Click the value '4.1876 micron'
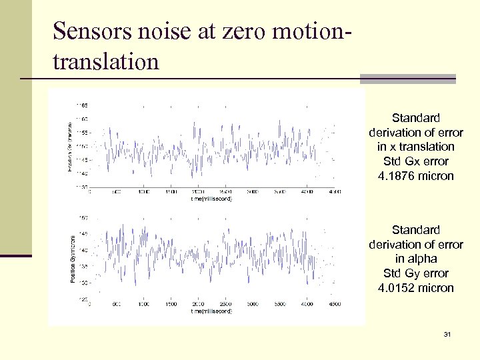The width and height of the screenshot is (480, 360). [416, 176]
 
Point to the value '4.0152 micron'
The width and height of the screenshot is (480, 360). [416, 288]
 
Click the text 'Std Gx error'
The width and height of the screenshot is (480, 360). [416, 161]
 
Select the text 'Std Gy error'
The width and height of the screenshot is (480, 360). [416, 273]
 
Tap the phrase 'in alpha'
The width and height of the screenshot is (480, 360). [416, 259]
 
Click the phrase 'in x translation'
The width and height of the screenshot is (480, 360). [416, 147]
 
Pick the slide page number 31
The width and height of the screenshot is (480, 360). [447, 333]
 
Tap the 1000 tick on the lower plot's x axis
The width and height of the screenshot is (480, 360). [143, 304]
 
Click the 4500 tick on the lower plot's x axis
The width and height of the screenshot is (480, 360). [333, 304]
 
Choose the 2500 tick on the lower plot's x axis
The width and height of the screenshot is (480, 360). [226, 304]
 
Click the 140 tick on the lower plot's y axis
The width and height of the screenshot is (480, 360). [84, 250]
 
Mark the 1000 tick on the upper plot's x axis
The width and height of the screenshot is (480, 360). [143, 192]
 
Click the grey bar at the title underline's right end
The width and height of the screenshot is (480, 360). [407, 79]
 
